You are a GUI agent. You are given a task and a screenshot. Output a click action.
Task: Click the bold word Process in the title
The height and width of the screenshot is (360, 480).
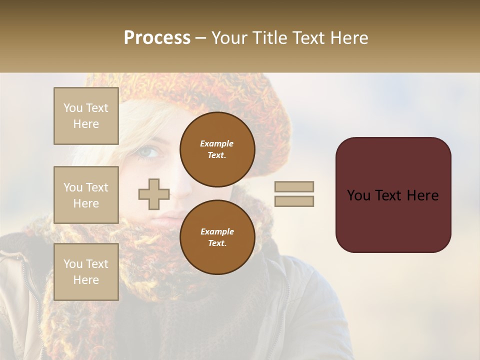(157, 38)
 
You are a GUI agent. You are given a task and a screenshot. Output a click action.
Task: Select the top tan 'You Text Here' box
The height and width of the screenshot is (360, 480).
(86, 116)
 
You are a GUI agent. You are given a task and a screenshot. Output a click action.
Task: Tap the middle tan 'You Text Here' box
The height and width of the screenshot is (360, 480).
(86, 195)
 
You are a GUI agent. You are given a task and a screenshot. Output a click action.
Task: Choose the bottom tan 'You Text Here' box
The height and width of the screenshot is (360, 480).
(86, 272)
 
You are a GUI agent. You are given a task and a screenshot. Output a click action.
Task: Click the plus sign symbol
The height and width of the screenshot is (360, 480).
(154, 194)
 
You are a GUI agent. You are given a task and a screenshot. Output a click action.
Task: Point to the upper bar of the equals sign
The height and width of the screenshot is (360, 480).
(294, 186)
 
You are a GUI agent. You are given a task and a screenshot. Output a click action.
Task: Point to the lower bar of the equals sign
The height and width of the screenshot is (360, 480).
(294, 201)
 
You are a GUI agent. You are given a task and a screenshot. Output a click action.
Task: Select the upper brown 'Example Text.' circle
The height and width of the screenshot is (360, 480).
(217, 149)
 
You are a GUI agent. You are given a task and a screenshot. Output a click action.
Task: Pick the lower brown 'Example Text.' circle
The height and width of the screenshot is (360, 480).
(217, 237)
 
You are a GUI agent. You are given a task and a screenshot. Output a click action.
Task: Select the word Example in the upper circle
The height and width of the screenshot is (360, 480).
(217, 143)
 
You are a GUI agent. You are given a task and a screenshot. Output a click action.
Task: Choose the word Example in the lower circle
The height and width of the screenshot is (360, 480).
(217, 231)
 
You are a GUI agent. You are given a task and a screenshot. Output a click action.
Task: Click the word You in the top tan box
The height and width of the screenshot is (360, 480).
(73, 108)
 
